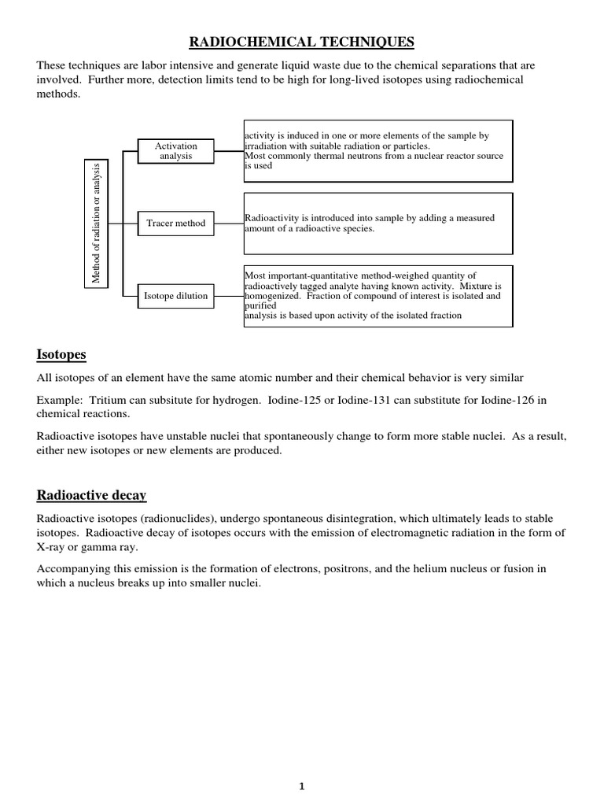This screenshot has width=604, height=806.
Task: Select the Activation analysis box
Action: click(176, 151)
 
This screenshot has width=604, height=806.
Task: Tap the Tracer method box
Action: click(176, 224)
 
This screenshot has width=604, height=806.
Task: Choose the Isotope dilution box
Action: click(176, 296)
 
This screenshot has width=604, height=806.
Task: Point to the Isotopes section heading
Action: click(61, 355)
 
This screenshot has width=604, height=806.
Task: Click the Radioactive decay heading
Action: click(91, 495)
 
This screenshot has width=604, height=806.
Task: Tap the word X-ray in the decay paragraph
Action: click(54, 547)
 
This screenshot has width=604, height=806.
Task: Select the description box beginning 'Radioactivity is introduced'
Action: click(378, 224)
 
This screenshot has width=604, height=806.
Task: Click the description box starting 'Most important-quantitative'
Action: click(378, 296)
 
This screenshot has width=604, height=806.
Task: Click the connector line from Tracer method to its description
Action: click(229, 224)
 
